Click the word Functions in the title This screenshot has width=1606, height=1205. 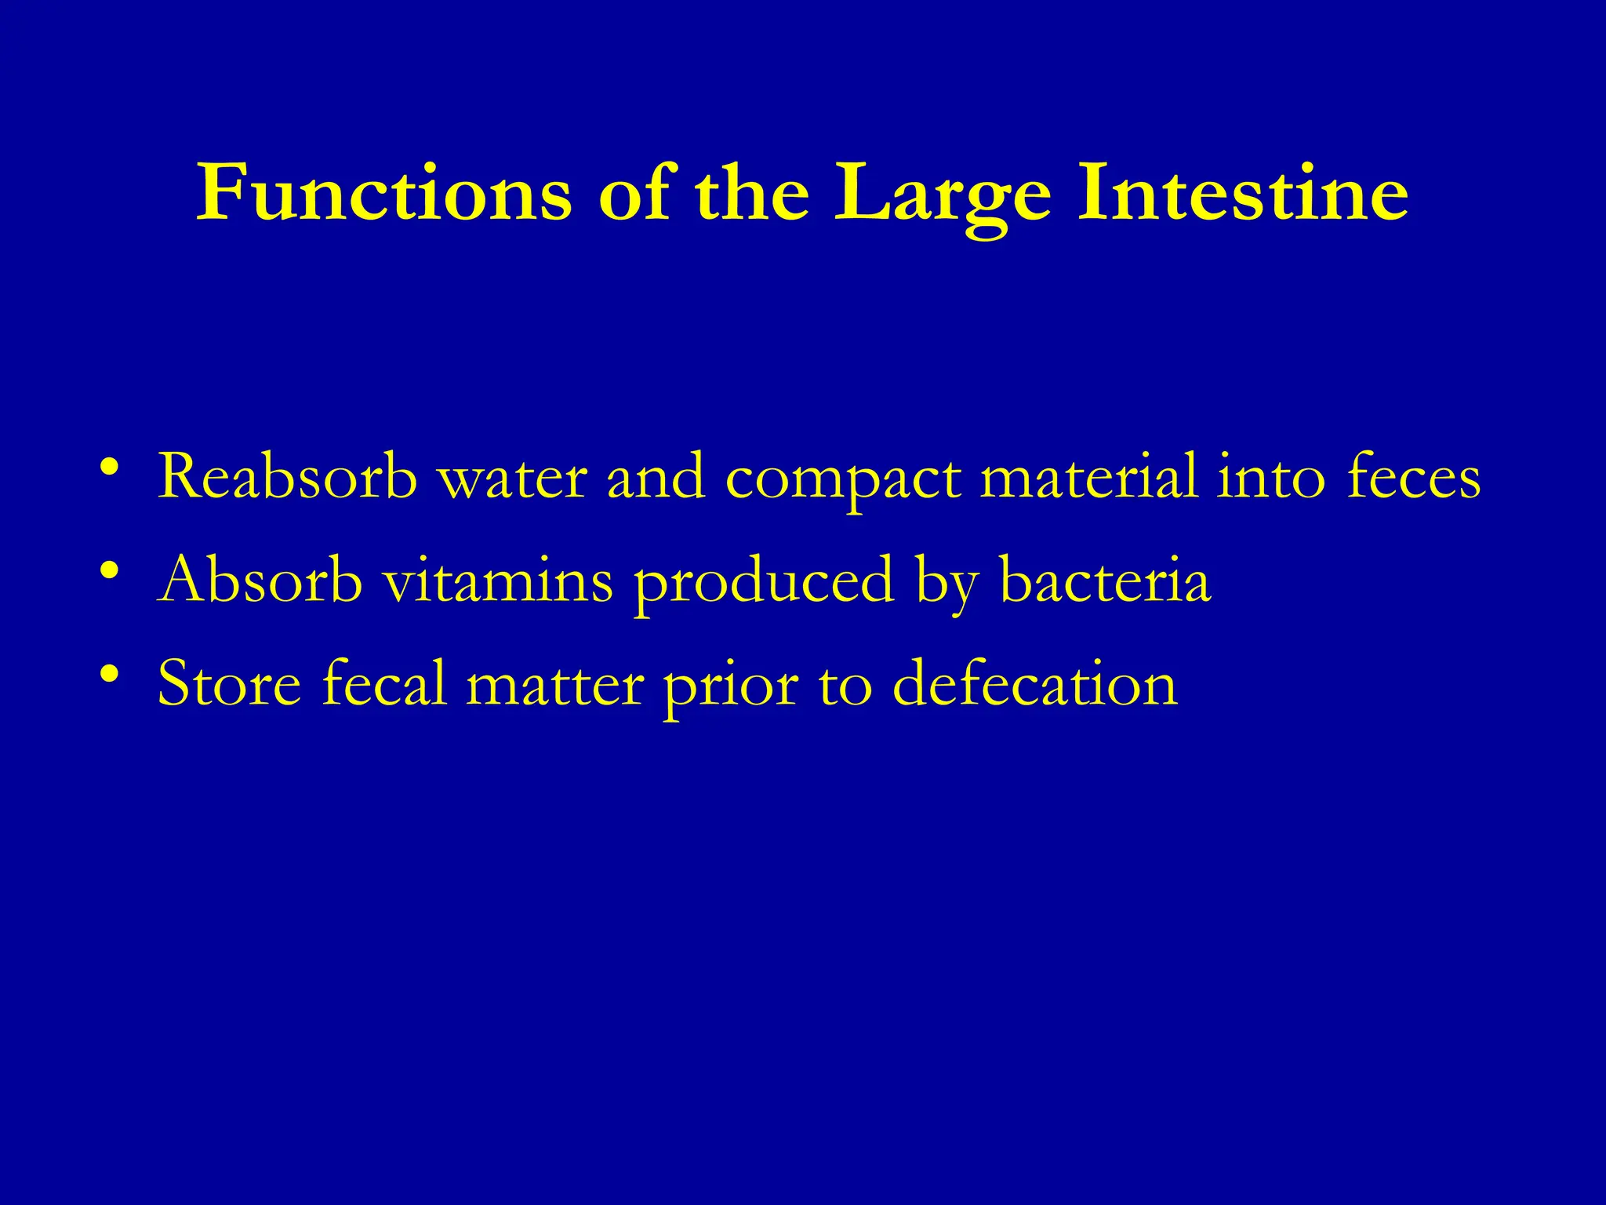pyautogui.click(x=384, y=193)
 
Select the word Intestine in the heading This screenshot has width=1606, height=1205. pyautogui.click(x=1243, y=193)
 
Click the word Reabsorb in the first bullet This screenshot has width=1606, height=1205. pyautogui.click(x=287, y=476)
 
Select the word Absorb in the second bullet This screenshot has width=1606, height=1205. pyautogui.click(x=260, y=580)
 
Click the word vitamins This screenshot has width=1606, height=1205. pyautogui.click(x=498, y=580)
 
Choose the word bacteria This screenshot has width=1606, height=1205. pyautogui.click(x=1106, y=580)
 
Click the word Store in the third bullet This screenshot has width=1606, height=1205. pyautogui.click(x=229, y=683)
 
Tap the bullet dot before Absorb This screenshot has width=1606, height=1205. pyautogui.click(x=110, y=570)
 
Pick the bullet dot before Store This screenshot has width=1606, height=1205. pyautogui.click(x=110, y=674)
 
